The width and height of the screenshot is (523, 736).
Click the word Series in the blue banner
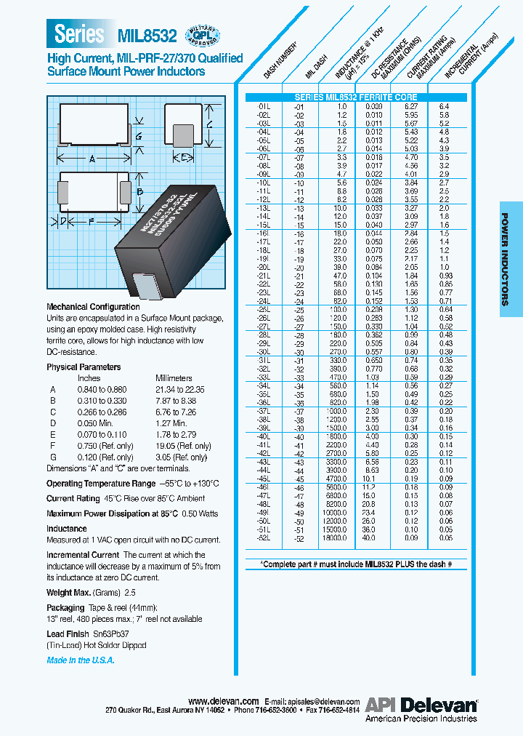pos(79,33)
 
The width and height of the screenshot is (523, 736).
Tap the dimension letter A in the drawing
pos(92,158)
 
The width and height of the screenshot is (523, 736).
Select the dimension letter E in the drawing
pos(185,157)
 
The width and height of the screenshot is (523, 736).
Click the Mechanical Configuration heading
pos(93,307)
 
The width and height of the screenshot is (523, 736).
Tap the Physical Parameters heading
pos(84,367)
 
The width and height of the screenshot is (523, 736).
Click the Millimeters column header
pos(174,378)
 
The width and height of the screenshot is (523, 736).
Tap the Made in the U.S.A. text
pos(81,660)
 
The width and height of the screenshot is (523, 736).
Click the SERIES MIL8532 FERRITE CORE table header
pos(357,97)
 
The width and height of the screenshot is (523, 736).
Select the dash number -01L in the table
pos(264,106)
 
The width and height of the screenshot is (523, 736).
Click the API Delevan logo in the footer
pos(421,704)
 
